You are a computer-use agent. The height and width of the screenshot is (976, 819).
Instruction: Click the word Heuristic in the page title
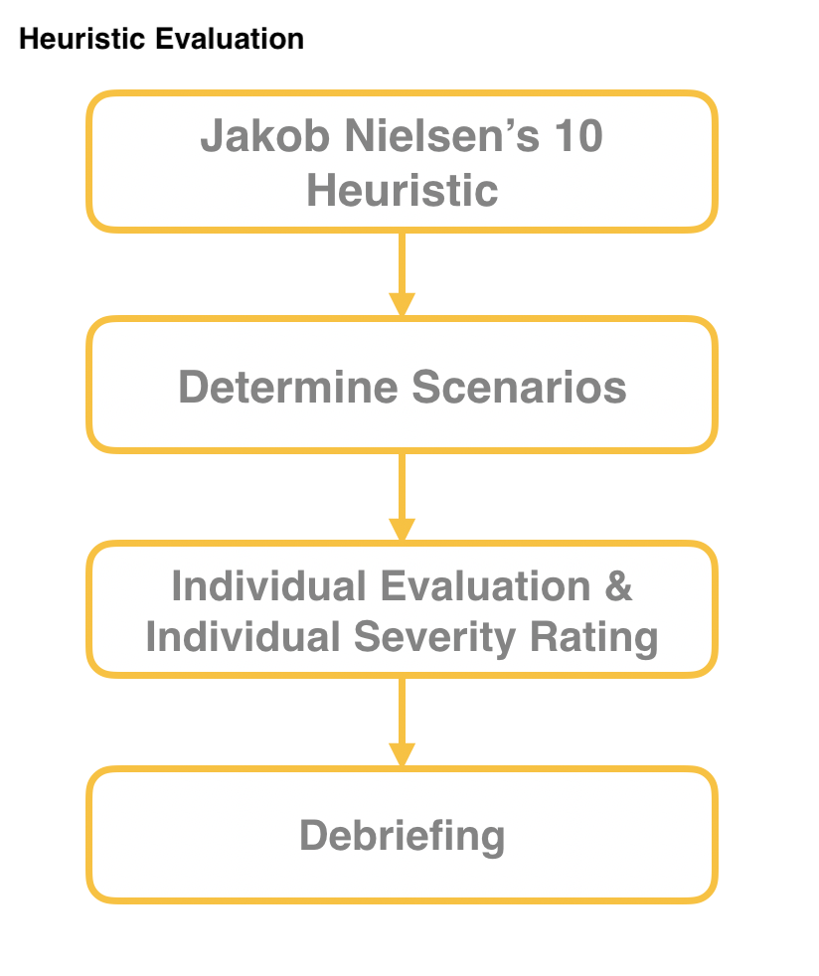coord(82,39)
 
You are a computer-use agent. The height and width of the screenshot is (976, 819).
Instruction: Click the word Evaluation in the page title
coord(230,39)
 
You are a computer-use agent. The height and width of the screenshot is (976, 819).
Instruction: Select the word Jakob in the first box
coord(264,136)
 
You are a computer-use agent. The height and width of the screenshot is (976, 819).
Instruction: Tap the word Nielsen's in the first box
coord(442,135)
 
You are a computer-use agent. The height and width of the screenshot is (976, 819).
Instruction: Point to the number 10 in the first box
coord(578,135)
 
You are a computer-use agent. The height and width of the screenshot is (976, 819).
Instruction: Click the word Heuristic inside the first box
coord(402,190)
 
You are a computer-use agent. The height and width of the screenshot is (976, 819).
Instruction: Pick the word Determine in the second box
coord(288,387)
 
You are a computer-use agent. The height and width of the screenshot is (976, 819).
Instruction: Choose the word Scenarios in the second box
coord(519,387)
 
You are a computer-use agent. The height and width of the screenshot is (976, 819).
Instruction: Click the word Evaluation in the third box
coord(485,585)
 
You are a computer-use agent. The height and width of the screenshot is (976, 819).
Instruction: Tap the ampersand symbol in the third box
coord(618,585)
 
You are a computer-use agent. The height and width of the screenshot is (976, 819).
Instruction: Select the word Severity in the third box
coord(435,637)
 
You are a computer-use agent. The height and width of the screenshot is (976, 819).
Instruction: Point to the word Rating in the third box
coord(594,637)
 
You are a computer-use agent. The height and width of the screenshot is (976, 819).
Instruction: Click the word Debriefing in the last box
coord(402,835)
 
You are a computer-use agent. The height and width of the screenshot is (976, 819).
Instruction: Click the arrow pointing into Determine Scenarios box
coord(402,274)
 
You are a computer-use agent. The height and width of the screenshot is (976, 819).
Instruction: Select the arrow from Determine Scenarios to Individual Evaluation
coord(402,497)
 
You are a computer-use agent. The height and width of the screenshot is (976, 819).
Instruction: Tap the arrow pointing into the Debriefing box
coord(402,723)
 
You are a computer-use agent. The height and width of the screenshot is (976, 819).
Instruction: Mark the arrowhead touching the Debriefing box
coord(402,755)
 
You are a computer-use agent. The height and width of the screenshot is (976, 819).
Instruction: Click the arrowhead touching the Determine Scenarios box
coord(402,305)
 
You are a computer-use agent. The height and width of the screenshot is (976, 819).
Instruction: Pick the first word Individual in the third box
coord(268,585)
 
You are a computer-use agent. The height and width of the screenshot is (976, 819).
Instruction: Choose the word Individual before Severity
coord(243,637)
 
